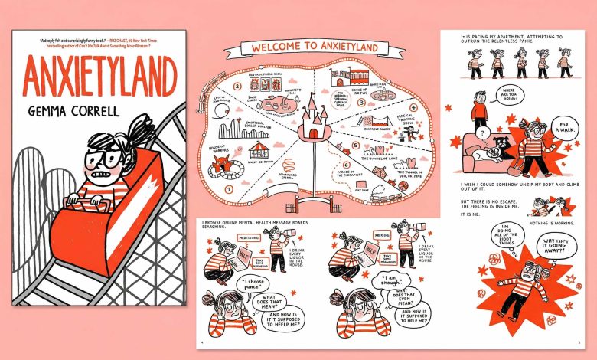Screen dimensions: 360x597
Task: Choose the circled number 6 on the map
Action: pos(346,165)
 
